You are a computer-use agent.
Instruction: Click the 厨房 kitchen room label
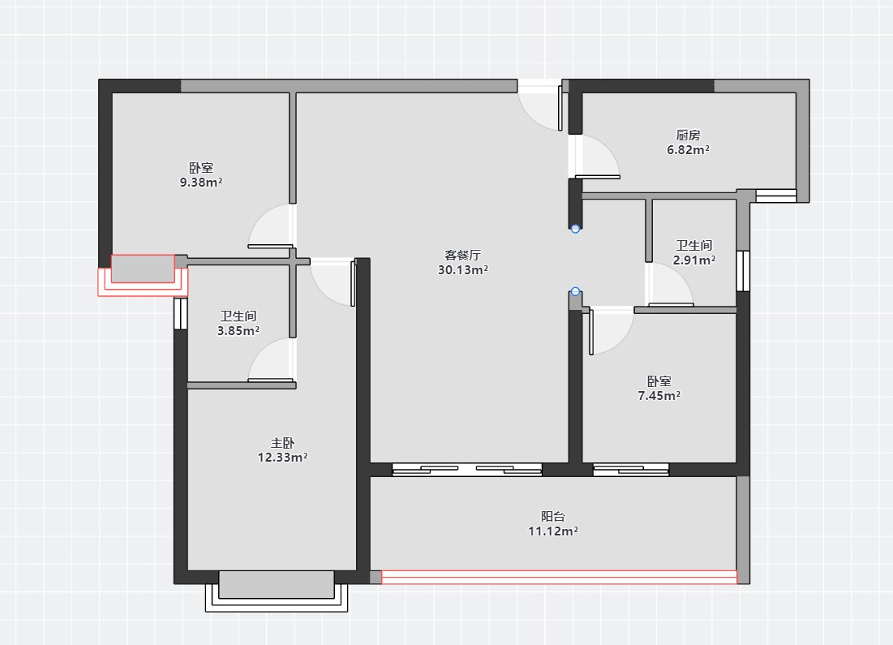[688, 135]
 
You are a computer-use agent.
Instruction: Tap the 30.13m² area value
[462, 270]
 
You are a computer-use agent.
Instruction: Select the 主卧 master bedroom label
[282, 443]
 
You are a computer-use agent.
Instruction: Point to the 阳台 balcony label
[553, 516]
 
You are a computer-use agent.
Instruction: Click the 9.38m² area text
[201, 183]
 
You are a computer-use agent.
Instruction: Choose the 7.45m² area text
[659, 395]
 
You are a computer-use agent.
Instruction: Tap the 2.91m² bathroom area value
[694, 260]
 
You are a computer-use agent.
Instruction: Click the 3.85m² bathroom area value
[238, 331]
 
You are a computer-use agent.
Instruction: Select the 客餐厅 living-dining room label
[462, 256]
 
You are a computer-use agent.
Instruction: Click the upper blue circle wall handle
[575, 229]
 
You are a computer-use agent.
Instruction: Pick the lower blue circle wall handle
[575, 291]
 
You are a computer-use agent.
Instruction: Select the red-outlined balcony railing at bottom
[559, 577]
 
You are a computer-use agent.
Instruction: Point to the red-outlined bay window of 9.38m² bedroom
[143, 275]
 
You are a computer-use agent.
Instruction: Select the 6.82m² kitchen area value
[688, 150]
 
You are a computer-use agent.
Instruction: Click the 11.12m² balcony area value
[553, 531]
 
